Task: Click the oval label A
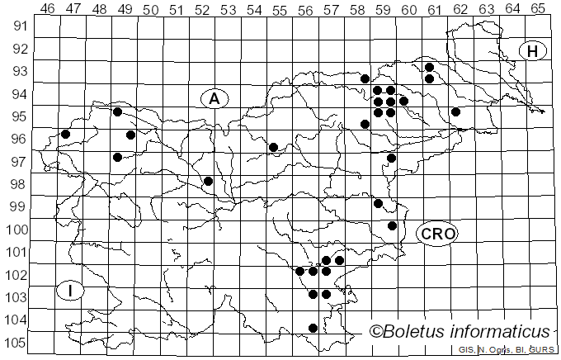pyautogui.click(x=214, y=98)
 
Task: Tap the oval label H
pyautogui.click(x=533, y=51)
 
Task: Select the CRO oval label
pyautogui.click(x=437, y=234)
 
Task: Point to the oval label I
pyautogui.click(x=72, y=290)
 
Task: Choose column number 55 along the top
pyautogui.click(x=279, y=8)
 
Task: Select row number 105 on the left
pyautogui.click(x=18, y=343)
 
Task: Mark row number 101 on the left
pyautogui.click(x=18, y=252)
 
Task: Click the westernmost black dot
pyautogui.click(x=66, y=134)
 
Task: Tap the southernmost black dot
pyautogui.click(x=313, y=328)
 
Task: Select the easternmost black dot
pyautogui.click(x=455, y=111)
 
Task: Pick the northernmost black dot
pyautogui.click(x=429, y=67)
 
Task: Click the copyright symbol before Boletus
pyautogui.click(x=377, y=332)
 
